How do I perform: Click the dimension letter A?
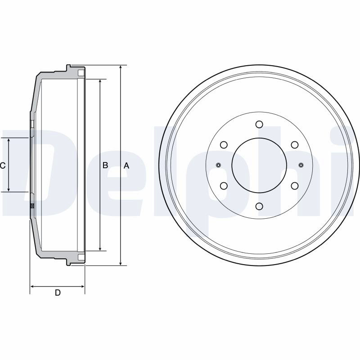(126, 166)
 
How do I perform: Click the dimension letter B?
(105, 165)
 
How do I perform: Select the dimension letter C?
(3, 165)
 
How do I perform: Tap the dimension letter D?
(58, 293)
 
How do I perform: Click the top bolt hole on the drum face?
(259, 124)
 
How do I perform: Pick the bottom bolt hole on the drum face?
(259, 206)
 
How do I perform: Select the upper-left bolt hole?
(224, 145)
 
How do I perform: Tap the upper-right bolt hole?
(295, 145)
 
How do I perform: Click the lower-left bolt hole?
(224, 186)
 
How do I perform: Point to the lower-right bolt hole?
(295, 186)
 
